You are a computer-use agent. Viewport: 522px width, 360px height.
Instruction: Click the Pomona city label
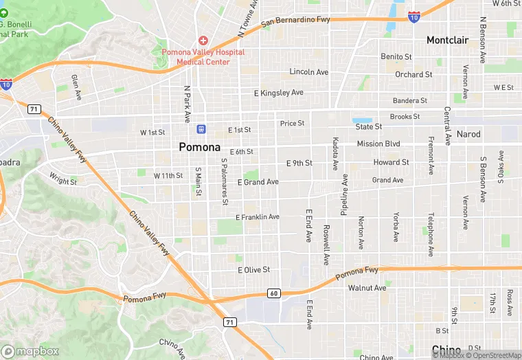click(x=199, y=147)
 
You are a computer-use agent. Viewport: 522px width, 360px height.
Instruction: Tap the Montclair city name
click(x=447, y=41)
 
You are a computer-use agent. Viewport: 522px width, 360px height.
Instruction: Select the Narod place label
click(x=468, y=134)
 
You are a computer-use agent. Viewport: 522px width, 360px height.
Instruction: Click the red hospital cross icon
click(x=203, y=41)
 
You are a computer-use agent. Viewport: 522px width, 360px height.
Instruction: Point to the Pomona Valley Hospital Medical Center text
click(x=203, y=56)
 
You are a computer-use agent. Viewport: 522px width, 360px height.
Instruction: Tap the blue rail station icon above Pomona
click(x=201, y=128)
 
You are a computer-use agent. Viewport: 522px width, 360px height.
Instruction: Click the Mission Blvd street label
click(x=378, y=144)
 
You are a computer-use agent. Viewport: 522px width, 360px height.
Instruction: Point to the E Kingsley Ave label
click(x=278, y=93)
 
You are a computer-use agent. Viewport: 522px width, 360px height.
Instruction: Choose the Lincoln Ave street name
click(x=309, y=72)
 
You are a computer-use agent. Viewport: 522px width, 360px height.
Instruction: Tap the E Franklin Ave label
click(x=258, y=217)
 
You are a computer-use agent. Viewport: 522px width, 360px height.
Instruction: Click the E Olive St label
click(x=253, y=270)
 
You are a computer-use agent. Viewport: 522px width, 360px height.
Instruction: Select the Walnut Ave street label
click(x=367, y=288)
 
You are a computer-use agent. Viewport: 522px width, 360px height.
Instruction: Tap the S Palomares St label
click(x=224, y=183)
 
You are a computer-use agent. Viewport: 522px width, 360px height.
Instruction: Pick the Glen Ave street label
click(x=76, y=87)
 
